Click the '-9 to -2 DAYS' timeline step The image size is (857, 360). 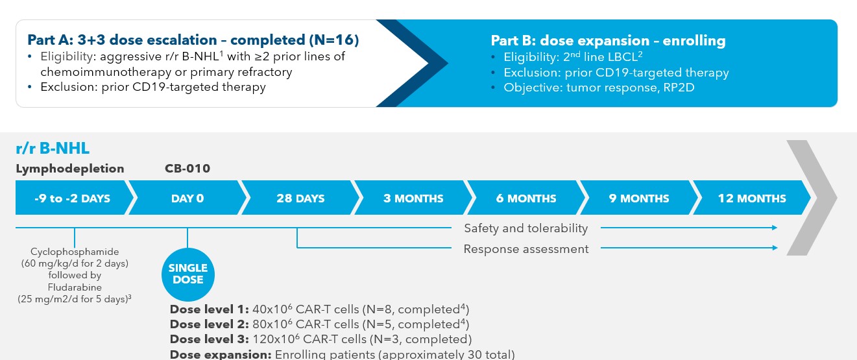point(72,198)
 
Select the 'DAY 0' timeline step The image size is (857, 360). point(187,198)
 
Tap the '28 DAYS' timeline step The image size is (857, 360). point(300,198)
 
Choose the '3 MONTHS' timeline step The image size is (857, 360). point(413,198)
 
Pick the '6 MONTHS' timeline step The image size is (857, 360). point(526,198)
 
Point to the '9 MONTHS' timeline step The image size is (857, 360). point(639,198)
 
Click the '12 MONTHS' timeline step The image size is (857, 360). point(752,198)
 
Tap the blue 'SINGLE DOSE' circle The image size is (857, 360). point(187,274)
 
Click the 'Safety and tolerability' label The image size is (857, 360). point(525,228)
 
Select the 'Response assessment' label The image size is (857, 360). point(525,249)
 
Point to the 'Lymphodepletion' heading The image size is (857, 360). point(70,169)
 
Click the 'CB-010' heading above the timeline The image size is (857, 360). point(187,169)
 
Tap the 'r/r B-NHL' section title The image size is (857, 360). point(53,149)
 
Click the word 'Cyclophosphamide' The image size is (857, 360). point(75,252)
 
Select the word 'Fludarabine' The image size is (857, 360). point(75,287)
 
